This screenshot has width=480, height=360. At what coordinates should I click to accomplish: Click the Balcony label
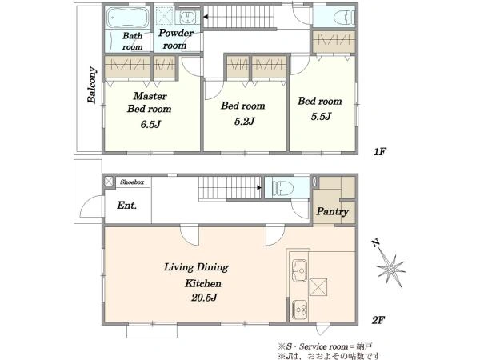(x=92, y=85)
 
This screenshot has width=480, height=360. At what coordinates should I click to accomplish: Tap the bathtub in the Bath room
(x=128, y=18)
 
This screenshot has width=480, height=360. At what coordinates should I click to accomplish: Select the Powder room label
(x=176, y=39)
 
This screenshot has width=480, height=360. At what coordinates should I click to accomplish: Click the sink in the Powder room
(x=186, y=17)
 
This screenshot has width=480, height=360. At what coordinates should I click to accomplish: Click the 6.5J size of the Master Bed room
(x=150, y=124)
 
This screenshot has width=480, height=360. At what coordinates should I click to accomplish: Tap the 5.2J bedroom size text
(x=244, y=122)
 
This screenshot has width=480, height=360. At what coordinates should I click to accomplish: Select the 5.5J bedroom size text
(x=321, y=116)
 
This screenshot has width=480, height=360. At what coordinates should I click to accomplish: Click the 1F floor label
(x=379, y=151)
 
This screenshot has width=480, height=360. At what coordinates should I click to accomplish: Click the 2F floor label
(x=378, y=320)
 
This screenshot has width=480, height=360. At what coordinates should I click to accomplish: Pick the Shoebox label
(x=132, y=182)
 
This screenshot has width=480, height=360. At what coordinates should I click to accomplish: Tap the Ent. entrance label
(x=126, y=205)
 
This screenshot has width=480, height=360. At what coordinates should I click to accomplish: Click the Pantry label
(x=332, y=211)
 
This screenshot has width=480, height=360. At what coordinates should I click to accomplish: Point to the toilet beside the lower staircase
(x=282, y=188)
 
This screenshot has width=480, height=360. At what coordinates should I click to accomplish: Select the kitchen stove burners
(x=300, y=310)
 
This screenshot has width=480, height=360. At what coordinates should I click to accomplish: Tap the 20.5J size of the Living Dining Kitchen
(x=204, y=298)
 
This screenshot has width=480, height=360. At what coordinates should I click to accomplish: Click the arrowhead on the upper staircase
(x=206, y=17)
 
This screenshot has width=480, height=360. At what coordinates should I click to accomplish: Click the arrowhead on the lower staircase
(x=259, y=187)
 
